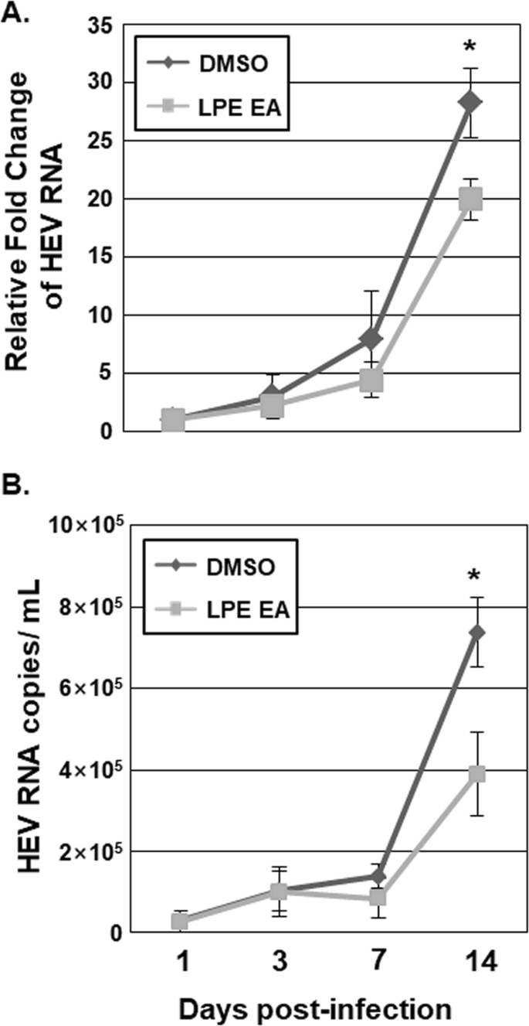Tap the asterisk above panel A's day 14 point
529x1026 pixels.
pos(469,49)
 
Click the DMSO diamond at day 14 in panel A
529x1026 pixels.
pos(470,102)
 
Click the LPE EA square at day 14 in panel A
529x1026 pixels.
pos(470,199)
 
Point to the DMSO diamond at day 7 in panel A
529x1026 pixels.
pos(371,339)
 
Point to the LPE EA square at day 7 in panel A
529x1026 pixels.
pos(371,380)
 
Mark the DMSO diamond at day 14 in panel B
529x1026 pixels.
pos(476,632)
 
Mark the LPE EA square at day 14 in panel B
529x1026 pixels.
pos(476,774)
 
